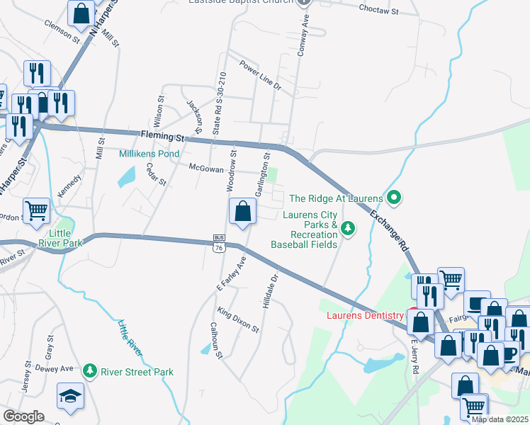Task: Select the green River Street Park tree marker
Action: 89,370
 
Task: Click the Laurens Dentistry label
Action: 364,315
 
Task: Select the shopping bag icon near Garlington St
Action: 242,211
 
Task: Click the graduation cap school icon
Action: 71,397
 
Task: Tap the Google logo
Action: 23,416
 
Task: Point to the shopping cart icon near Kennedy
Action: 36,210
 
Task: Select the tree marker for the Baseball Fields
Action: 347,228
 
